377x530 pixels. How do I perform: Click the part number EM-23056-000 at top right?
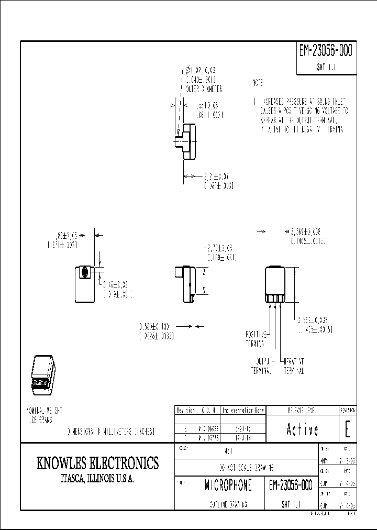[x=326, y=51]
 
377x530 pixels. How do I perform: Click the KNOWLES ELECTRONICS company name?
[x=97, y=463]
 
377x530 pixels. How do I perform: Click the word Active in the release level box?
[x=302, y=429]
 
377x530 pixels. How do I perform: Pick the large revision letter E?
[x=347, y=429]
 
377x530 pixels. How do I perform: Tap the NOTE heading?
[x=258, y=83]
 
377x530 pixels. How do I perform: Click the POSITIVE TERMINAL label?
[x=257, y=338]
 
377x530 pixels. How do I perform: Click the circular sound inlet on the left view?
[x=84, y=272]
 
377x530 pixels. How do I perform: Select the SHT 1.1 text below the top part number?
[x=326, y=68]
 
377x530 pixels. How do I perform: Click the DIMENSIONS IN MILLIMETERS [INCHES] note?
[x=110, y=431]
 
